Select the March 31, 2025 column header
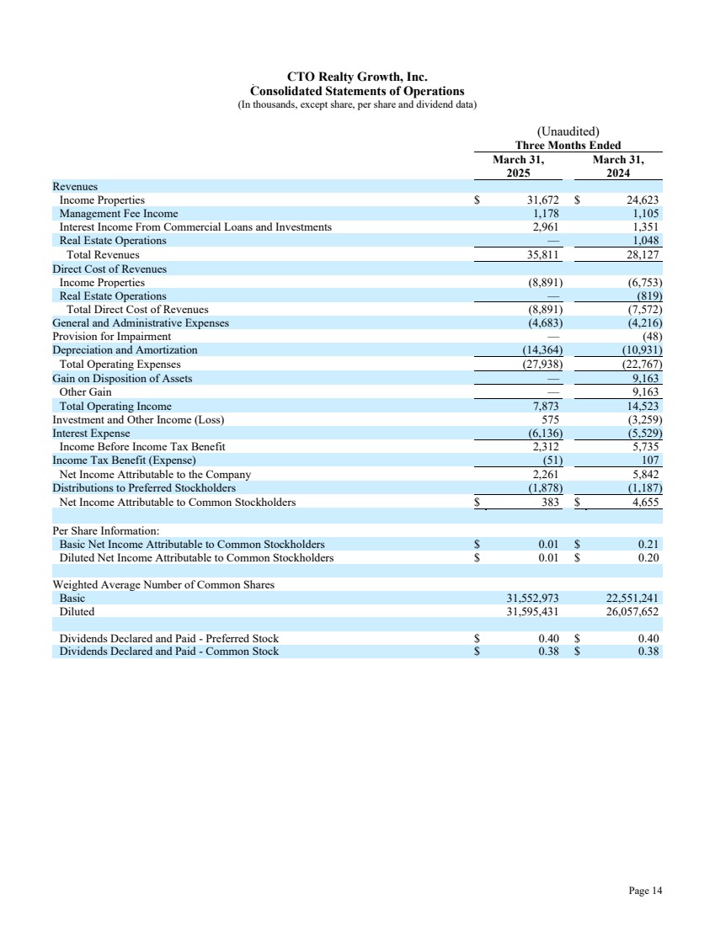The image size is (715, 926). click(x=519, y=167)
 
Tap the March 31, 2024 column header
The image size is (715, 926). click(x=617, y=167)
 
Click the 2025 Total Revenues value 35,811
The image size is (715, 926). click(x=542, y=254)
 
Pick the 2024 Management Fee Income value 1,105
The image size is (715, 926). click(x=646, y=214)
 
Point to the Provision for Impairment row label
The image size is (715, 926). click(x=111, y=336)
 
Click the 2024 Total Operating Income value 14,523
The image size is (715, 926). click(x=643, y=407)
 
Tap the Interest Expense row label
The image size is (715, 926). click(x=91, y=434)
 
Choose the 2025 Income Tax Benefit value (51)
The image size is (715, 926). click(x=549, y=460)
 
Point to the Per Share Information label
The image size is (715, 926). click(x=105, y=531)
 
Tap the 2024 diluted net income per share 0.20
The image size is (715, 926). click(x=648, y=557)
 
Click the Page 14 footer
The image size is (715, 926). click(x=645, y=890)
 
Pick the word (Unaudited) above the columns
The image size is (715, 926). click(x=568, y=131)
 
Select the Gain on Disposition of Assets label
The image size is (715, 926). click(x=122, y=379)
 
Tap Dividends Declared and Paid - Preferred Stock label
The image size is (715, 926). click(x=168, y=638)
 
